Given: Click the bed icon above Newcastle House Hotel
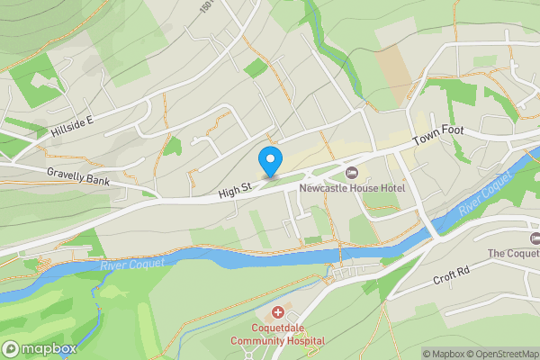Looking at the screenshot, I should click(352, 171).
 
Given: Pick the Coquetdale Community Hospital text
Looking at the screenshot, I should click(277, 334).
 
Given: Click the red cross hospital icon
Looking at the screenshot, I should click(277, 312).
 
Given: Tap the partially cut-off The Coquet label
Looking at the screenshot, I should click(514, 254).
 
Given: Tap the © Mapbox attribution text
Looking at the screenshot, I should click(441, 354).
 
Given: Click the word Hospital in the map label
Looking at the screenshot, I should click(303, 341).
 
